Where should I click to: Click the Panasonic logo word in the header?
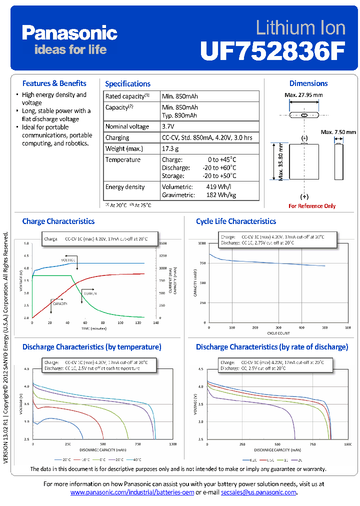pyautogui.click(x=69, y=33)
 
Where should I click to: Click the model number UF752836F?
pyautogui.click(x=272, y=50)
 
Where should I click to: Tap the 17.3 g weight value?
pyautogui.click(x=170, y=148)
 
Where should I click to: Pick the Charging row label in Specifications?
pyautogui.click(x=117, y=137)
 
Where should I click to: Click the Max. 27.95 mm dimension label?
pyautogui.click(x=303, y=95)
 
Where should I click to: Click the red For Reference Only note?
pyautogui.click(x=312, y=206)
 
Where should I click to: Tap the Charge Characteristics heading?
pyautogui.click(x=58, y=221)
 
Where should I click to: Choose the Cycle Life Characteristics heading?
pyautogui.click(x=236, y=221)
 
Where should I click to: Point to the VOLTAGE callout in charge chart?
pyautogui.click(x=68, y=260)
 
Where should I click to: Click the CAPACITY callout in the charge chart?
pyautogui.click(x=60, y=303)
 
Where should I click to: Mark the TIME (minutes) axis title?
pyautogui.click(x=93, y=328)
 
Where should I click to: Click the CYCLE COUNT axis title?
pyautogui.click(x=278, y=332)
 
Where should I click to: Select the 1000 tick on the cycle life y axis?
pyautogui.click(x=201, y=243)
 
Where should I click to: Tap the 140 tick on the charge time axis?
pyautogui.click(x=155, y=323)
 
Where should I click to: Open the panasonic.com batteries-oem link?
pyautogui.click(x=132, y=492)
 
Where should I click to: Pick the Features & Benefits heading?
pyautogui.click(x=54, y=83)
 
